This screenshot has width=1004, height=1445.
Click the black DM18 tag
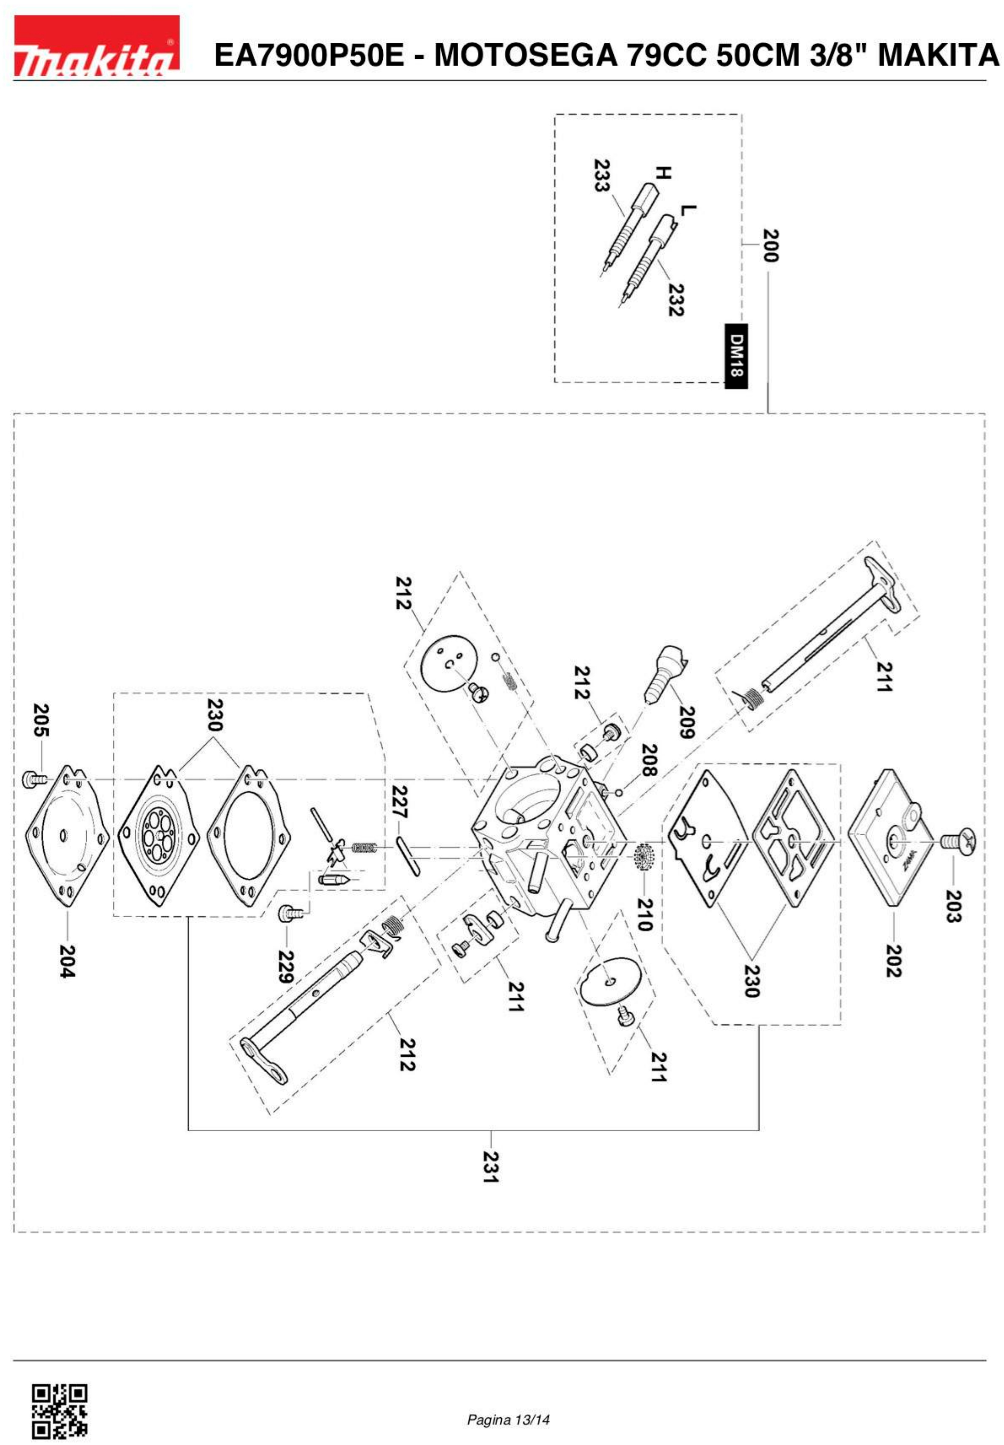point(736,355)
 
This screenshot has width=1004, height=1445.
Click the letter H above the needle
point(662,173)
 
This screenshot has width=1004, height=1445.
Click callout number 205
point(41,720)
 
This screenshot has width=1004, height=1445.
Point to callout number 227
point(399,802)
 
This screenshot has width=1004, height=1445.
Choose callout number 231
point(491,1166)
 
